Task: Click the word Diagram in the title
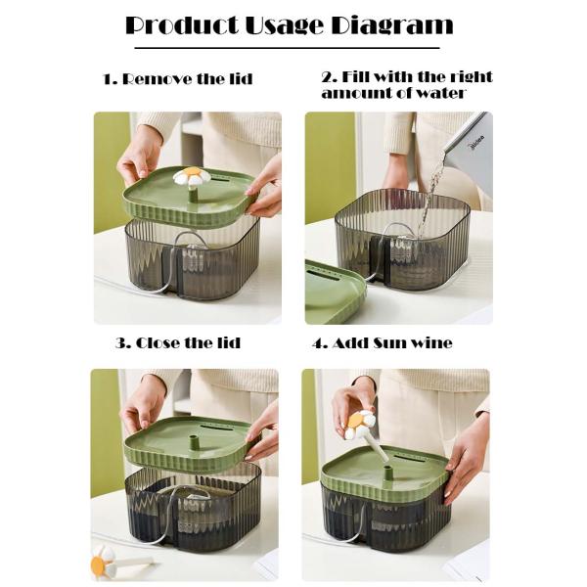tap(390, 25)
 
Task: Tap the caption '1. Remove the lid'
tap(177, 79)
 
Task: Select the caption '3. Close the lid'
tap(177, 343)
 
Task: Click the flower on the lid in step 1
tap(192, 177)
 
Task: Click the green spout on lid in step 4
tap(388, 473)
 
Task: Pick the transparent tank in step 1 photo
tap(196, 259)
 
